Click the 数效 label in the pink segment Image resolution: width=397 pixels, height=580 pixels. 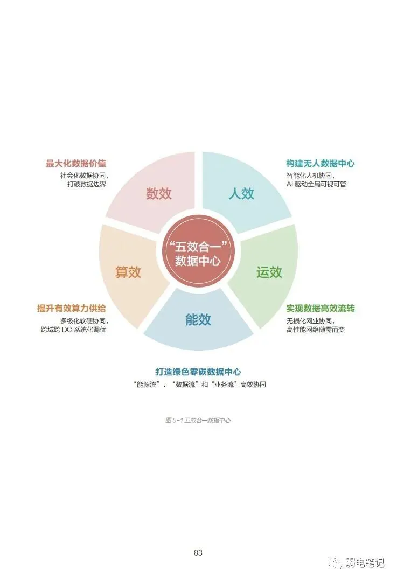pos(159,194)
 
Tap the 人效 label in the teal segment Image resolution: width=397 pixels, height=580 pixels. pos(241,194)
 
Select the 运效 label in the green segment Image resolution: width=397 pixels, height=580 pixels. pos(269,272)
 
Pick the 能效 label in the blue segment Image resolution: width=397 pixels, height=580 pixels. pos(198,320)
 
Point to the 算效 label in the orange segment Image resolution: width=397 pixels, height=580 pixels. pos(128,272)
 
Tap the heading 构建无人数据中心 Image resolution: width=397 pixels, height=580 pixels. pos(320,163)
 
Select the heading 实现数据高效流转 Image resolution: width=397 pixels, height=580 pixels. pos(320,309)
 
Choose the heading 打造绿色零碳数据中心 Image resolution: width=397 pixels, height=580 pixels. pos(198,372)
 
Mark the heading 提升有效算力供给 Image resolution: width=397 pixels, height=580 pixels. pos(72,309)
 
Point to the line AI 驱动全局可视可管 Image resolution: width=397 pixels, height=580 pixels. pos(316,184)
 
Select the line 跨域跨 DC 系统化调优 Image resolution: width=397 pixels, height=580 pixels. pos(73,329)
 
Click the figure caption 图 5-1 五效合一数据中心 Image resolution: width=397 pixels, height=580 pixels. pos(198,420)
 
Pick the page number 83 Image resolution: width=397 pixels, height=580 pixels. pos(198,553)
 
